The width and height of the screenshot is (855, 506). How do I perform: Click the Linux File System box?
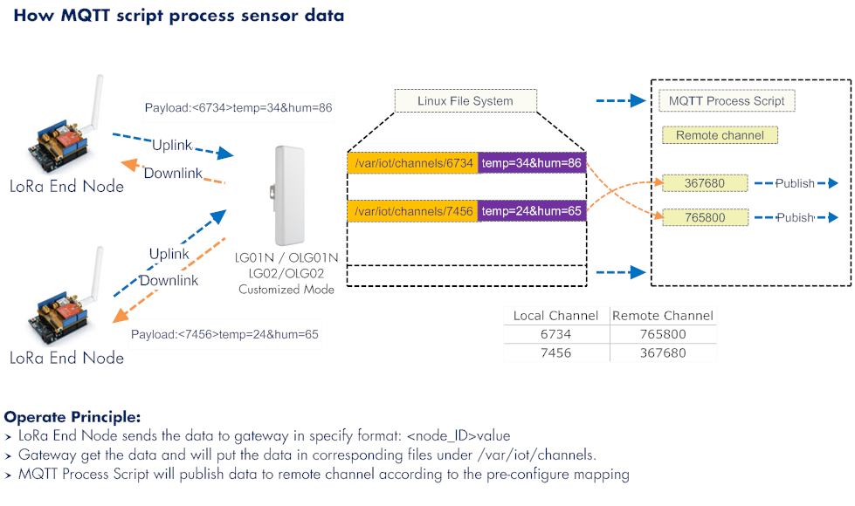click(x=465, y=101)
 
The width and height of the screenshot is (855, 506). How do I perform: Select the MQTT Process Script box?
click(x=727, y=101)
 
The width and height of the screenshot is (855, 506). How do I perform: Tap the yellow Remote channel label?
click(x=720, y=135)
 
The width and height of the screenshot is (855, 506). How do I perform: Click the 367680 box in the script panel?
click(x=705, y=183)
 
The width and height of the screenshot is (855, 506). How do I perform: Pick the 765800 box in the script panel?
click(x=705, y=217)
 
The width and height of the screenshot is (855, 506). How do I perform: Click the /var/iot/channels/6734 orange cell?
click(x=413, y=163)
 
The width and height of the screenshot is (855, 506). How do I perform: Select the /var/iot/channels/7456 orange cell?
click(x=413, y=211)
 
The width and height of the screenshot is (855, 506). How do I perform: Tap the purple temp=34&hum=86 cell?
click(x=532, y=163)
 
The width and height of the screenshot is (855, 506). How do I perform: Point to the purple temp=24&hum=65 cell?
click(x=532, y=211)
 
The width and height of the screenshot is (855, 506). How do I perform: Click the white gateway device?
click(x=287, y=195)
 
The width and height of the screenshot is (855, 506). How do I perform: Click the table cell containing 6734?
click(x=556, y=334)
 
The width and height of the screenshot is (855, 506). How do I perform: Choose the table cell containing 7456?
click(x=556, y=353)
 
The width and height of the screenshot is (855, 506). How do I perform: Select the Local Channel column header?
click(x=555, y=315)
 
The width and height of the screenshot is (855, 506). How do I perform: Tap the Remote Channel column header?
click(x=663, y=315)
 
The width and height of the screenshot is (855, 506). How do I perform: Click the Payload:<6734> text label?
click(x=238, y=108)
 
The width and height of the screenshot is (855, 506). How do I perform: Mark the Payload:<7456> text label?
click(x=224, y=334)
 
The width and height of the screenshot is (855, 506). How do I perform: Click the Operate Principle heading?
click(x=72, y=417)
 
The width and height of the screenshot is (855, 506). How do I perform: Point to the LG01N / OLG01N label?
click(x=286, y=257)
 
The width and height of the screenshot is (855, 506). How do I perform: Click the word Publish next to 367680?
click(x=795, y=183)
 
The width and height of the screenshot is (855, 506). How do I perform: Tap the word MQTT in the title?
click(x=85, y=15)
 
